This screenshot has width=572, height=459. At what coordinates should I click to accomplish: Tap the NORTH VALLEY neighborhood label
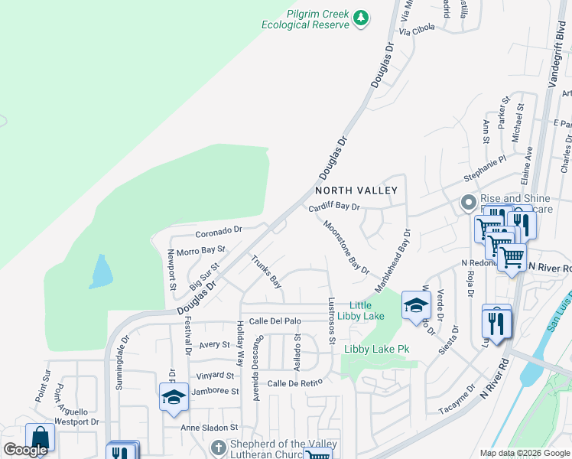click(x=357, y=190)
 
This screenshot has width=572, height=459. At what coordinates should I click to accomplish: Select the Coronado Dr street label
click(x=218, y=229)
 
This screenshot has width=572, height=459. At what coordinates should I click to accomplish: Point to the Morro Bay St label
click(x=201, y=250)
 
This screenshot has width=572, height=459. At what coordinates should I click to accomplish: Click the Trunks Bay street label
click(x=267, y=272)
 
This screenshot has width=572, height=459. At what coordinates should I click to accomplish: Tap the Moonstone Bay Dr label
click(x=346, y=248)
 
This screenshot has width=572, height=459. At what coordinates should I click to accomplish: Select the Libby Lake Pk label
click(x=376, y=350)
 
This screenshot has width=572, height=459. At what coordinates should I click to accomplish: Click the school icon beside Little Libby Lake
click(x=415, y=305)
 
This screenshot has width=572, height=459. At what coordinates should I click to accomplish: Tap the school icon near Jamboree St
click(x=174, y=396)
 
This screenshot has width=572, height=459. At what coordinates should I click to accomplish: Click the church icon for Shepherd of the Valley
click(x=218, y=446)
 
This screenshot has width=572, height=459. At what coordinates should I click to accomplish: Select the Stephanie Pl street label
click(x=486, y=170)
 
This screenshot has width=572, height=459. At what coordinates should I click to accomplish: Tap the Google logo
click(x=24, y=450)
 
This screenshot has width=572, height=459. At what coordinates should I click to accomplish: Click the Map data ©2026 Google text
click(x=524, y=453)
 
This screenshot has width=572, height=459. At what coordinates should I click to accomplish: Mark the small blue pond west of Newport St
click(x=100, y=272)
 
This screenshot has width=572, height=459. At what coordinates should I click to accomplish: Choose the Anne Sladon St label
click(x=210, y=428)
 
